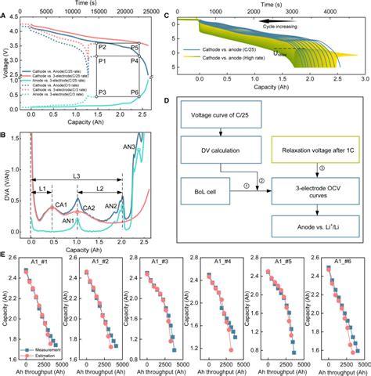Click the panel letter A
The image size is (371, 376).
(4, 6)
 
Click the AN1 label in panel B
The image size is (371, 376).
(68, 220)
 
